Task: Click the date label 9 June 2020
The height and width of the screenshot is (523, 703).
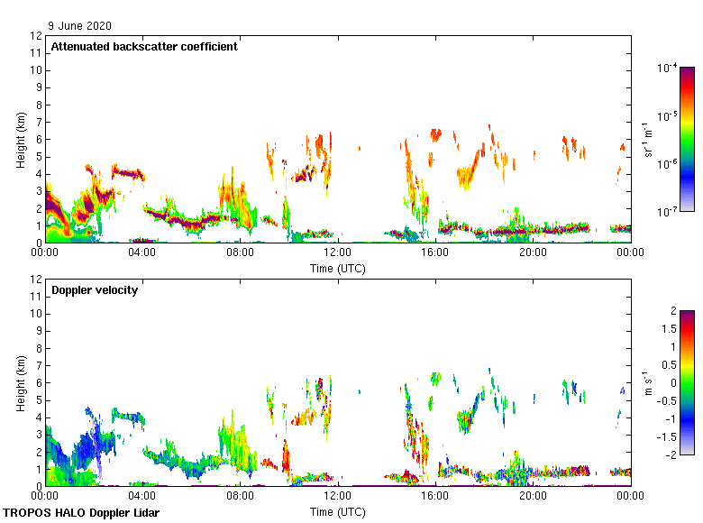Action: click(x=81, y=26)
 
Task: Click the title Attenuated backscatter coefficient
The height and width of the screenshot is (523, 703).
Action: click(x=144, y=47)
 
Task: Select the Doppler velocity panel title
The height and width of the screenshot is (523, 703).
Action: click(x=95, y=290)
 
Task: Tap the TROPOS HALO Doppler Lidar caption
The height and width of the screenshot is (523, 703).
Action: click(x=81, y=513)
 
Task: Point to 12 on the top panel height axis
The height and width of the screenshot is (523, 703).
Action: click(x=38, y=36)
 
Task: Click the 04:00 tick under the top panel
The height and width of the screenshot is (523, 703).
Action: click(x=142, y=253)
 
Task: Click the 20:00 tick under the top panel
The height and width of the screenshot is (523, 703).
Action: click(x=533, y=253)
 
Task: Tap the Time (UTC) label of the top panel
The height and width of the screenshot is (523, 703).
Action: click(x=338, y=268)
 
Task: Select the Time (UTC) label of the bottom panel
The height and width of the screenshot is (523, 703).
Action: click(x=338, y=511)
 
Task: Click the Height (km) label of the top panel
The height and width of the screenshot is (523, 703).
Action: click(x=21, y=140)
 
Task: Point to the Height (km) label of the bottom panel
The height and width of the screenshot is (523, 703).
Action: click(x=21, y=383)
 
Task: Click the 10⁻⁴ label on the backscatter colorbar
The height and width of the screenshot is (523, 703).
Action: click(x=668, y=69)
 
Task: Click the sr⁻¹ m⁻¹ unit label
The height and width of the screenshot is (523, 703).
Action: click(x=648, y=140)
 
